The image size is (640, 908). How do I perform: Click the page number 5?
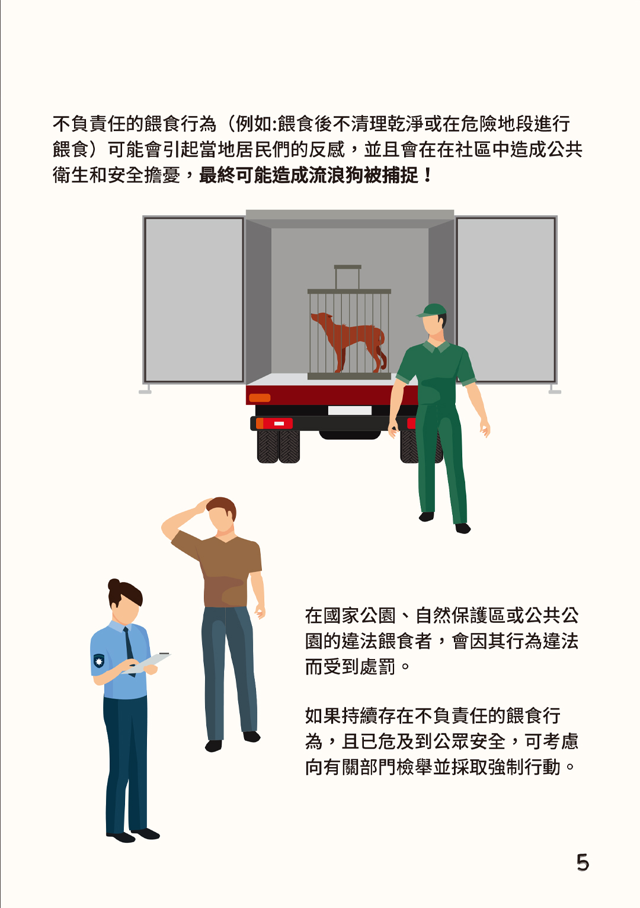583,862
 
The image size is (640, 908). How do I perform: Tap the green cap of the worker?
432,310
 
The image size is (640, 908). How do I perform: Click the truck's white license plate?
350,410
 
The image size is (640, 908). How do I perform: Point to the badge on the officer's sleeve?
99,661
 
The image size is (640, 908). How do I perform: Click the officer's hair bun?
114,584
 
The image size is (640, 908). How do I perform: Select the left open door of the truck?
194,300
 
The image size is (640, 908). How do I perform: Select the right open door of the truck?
506,300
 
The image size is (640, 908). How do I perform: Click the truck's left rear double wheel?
279,446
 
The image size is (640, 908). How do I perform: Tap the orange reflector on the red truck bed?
260,398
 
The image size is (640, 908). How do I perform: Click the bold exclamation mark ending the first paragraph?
427,175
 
